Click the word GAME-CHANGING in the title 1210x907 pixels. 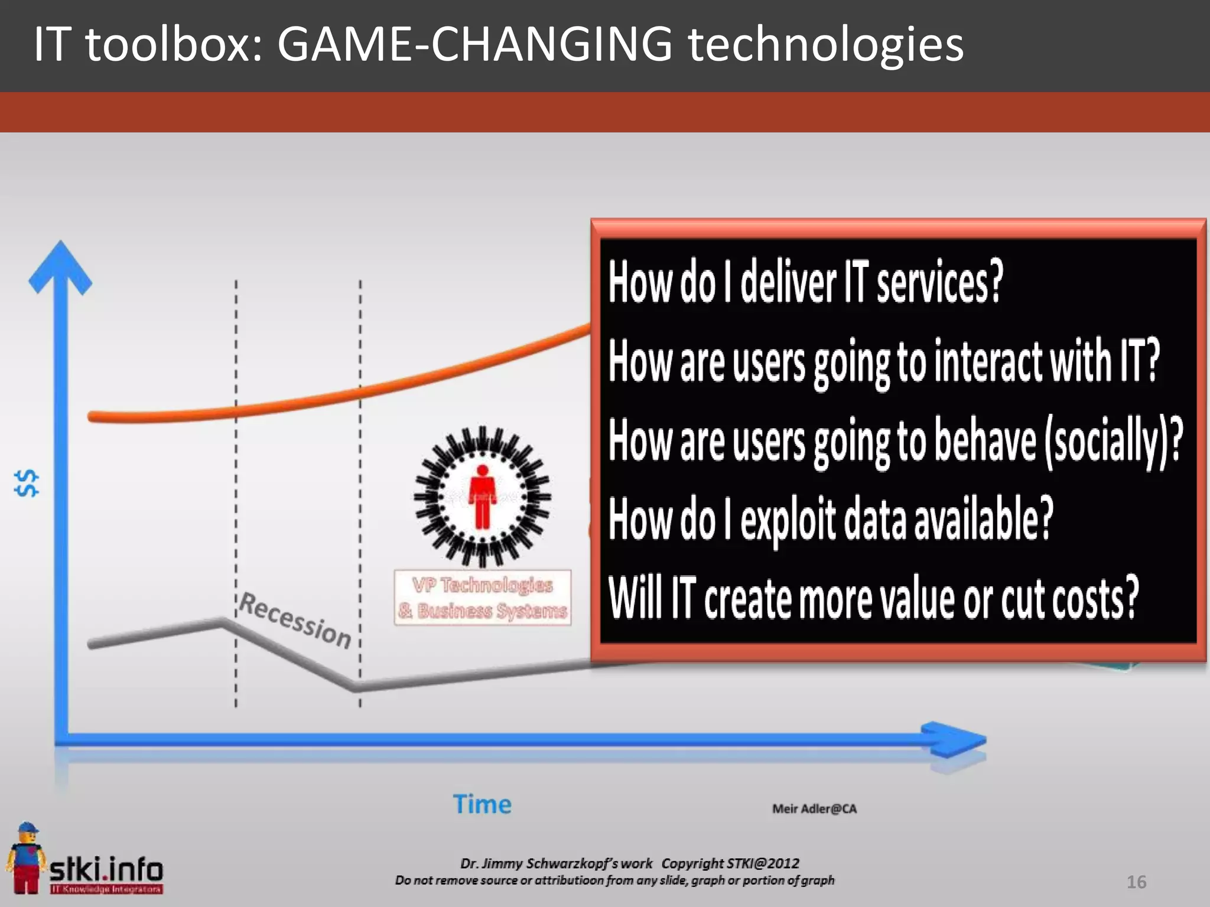pos(474,44)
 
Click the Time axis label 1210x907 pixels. pos(482,804)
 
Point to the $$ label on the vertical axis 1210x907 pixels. pos(27,483)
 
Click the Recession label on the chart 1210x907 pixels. pos(295,620)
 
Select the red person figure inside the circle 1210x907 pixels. pos(482,496)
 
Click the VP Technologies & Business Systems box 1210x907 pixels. pos(482,598)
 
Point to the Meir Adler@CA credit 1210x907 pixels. pos(814,809)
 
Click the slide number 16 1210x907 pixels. pos(1136,882)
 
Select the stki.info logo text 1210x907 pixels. pos(106,869)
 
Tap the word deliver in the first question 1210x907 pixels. pos(788,282)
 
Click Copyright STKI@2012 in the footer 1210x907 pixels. pos(730,863)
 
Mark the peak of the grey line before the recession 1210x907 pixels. pos(222,621)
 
